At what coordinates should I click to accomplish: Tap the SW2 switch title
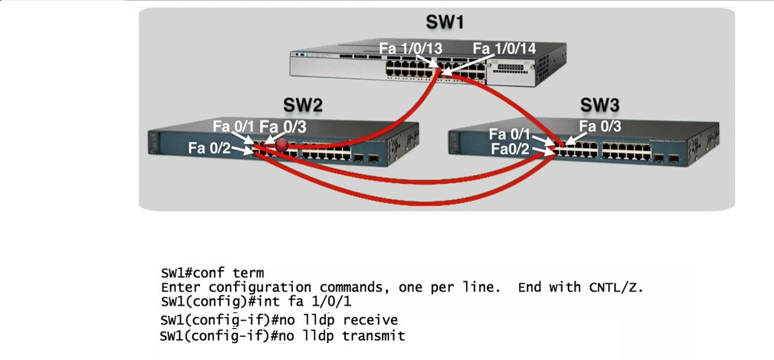(x=303, y=106)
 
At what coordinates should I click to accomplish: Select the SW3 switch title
(x=599, y=104)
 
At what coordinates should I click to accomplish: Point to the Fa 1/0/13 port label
(x=410, y=48)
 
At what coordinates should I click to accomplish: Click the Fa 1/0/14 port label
(x=504, y=48)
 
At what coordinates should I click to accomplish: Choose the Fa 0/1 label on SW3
(x=509, y=135)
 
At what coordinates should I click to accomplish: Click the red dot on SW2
(x=281, y=144)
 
